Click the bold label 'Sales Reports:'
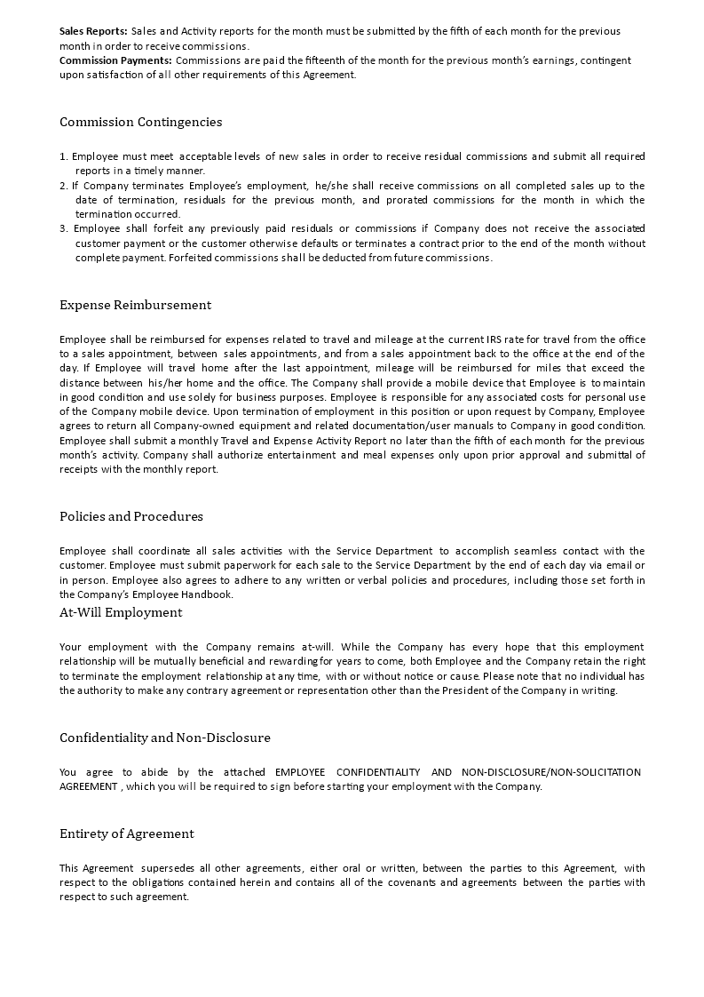click(x=93, y=31)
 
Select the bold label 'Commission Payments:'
click(x=115, y=60)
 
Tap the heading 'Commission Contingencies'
click(x=140, y=122)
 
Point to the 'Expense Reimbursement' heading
click(x=135, y=305)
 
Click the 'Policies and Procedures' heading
click(x=131, y=516)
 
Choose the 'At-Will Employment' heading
click(x=121, y=612)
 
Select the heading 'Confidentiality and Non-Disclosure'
click(x=165, y=738)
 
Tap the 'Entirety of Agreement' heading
click(x=127, y=833)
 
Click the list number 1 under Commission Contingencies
click(x=63, y=156)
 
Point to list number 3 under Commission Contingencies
click(x=63, y=228)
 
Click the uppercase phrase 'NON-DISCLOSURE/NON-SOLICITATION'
click(x=551, y=772)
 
